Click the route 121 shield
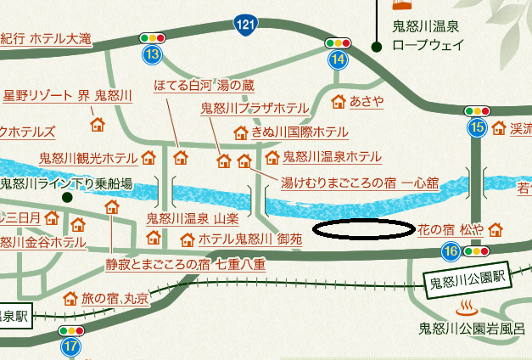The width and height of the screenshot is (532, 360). (244, 25)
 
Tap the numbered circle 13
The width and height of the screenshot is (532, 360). (152, 56)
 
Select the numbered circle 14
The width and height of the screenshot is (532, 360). (338, 59)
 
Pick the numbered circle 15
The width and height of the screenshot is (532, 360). (476, 127)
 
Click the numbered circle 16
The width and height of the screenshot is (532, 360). (451, 251)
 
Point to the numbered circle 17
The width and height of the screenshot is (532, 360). (70, 346)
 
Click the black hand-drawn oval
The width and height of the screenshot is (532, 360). (363, 228)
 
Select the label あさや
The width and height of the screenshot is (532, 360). (367, 102)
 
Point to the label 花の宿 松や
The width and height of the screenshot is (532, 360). (451, 229)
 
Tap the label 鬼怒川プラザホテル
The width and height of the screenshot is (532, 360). (254, 109)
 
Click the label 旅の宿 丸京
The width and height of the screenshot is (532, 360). (115, 299)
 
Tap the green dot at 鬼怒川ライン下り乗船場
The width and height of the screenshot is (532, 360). (67, 196)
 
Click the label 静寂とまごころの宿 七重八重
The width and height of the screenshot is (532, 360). (186, 264)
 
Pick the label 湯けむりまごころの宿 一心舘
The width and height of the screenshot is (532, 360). (359, 182)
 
